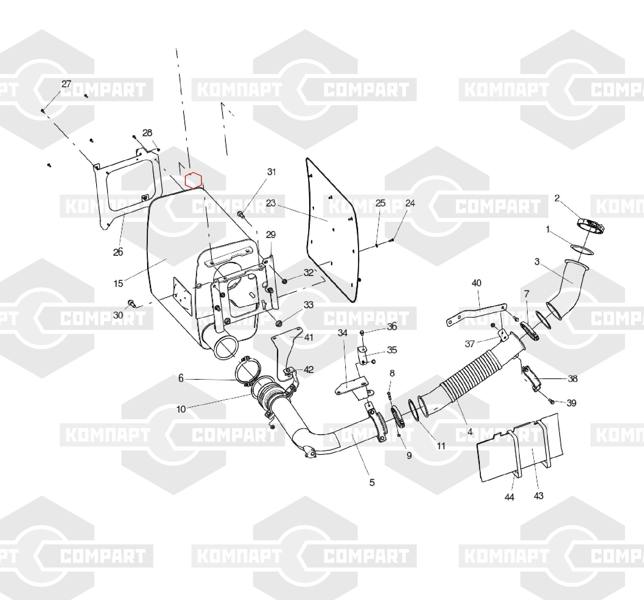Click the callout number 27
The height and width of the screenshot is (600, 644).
(66, 84)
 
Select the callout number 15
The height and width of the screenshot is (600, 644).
(118, 283)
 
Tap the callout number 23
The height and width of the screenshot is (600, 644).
(271, 203)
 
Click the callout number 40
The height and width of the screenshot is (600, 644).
(476, 283)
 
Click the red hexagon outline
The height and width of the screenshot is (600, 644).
(194, 180)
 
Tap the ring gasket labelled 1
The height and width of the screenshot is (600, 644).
(582, 250)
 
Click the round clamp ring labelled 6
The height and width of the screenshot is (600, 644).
(249, 372)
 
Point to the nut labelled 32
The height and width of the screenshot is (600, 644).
(284, 281)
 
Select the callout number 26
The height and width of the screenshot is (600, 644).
(118, 252)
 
